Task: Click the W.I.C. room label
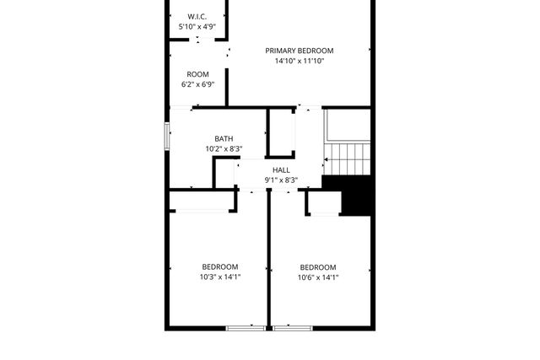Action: pyautogui.click(x=197, y=16)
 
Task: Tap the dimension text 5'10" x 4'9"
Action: pyautogui.click(x=197, y=27)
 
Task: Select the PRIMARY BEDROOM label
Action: pyautogui.click(x=300, y=51)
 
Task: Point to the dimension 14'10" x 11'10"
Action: pyautogui.click(x=300, y=62)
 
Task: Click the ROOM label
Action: pyautogui.click(x=197, y=74)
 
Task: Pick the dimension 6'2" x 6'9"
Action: pyautogui.click(x=197, y=85)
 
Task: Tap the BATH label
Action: pyautogui.click(x=224, y=139)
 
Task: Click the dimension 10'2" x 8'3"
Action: pyautogui.click(x=224, y=149)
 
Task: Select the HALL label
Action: pyautogui.click(x=281, y=169)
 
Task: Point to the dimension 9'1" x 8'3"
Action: pyautogui.click(x=281, y=180)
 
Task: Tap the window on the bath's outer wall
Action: pyautogui.click(x=167, y=137)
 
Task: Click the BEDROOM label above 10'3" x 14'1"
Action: pyautogui.click(x=219, y=267)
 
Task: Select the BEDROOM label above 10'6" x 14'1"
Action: pyautogui.click(x=318, y=267)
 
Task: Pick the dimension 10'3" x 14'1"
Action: pyautogui.click(x=219, y=277)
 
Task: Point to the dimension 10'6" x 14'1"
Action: pyautogui.click(x=318, y=277)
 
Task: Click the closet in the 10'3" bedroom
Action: pyautogui.click(x=202, y=201)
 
